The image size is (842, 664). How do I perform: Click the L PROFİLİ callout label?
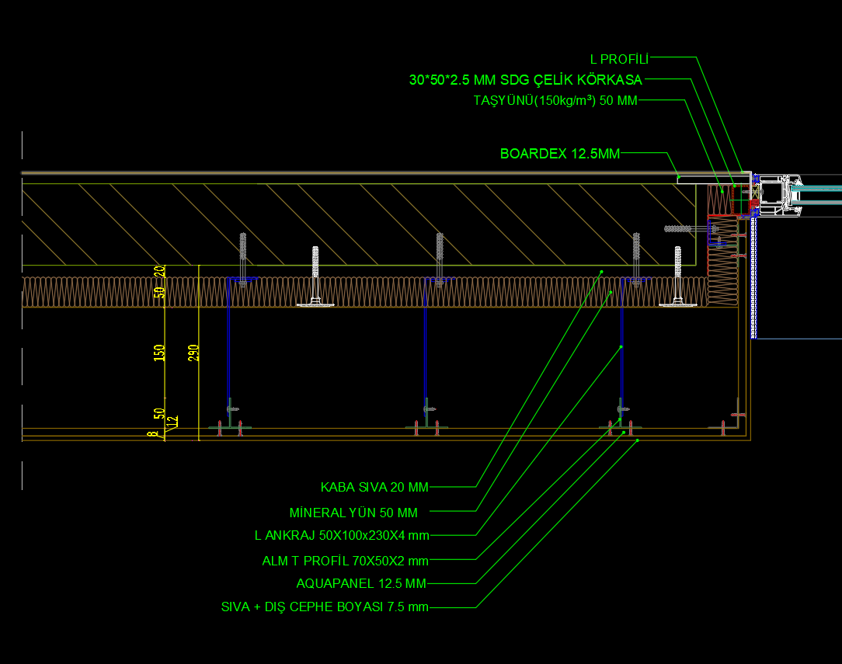[x=619, y=59]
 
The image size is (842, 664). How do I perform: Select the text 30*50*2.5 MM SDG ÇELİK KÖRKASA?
[x=526, y=80]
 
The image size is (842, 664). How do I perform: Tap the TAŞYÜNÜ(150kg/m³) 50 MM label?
[x=555, y=100]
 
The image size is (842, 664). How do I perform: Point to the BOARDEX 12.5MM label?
[x=560, y=154]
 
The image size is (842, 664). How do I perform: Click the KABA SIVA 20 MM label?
[x=374, y=488]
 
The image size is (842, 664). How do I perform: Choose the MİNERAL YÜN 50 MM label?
[x=353, y=513]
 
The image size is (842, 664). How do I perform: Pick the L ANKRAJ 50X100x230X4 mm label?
[x=342, y=536]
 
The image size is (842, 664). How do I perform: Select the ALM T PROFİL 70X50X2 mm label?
[x=346, y=561]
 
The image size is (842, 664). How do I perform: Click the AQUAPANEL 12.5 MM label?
[x=361, y=583]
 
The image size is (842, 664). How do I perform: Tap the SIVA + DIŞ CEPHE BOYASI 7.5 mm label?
[x=325, y=607]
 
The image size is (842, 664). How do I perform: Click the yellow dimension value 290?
[x=193, y=353]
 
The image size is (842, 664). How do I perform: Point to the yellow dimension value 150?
[x=159, y=353]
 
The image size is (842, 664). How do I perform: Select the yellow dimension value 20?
[x=160, y=271]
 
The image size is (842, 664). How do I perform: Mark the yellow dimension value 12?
[x=172, y=422]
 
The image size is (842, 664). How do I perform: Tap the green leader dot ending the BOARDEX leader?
[x=679, y=176]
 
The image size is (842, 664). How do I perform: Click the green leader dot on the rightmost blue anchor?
[x=621, y=347]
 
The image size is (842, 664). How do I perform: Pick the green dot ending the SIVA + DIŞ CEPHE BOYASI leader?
[x=638, y=440]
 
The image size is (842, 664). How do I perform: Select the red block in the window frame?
[x=754, y=204]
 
